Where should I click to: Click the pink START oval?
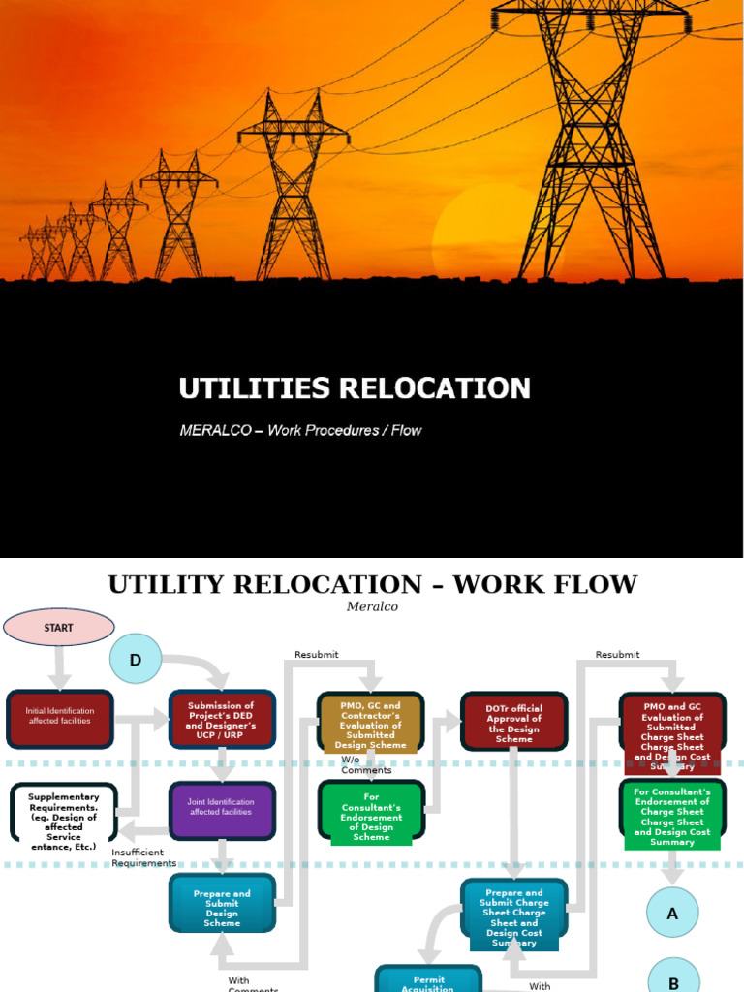[59, 628]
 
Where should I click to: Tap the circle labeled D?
[136, 660]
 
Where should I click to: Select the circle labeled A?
[672, 914]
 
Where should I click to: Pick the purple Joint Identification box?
[222, 807]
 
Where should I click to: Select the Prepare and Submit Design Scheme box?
[222, 904]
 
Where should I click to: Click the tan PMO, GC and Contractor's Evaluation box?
[371, 721]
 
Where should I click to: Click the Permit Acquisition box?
[427, 980]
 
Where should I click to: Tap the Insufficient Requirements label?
[143, 857]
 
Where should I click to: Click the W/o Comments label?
[366, 765]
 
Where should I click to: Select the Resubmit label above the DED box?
[317, 655]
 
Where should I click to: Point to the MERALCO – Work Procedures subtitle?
[300, 430]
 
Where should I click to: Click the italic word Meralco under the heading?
[372, 606]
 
